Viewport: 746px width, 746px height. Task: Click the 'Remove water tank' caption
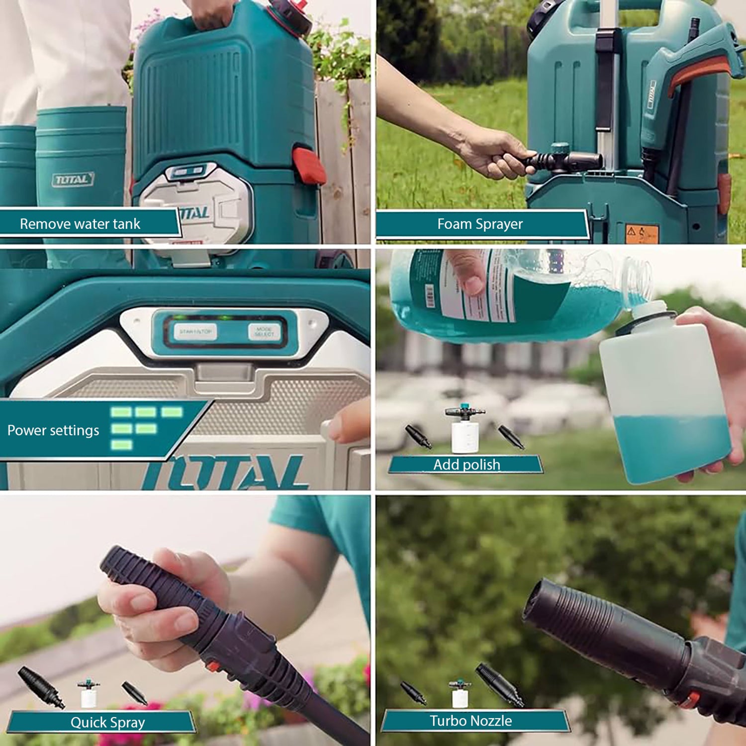point(80,224)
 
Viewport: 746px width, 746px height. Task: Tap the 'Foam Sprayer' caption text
point(480,224)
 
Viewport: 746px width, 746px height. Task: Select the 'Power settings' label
point(53,430)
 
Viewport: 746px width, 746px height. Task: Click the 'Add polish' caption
point(466,465)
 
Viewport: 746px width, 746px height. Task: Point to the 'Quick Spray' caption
point(107,722)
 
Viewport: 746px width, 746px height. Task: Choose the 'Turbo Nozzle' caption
point(470,721)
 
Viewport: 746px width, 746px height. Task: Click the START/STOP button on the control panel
point(195,331)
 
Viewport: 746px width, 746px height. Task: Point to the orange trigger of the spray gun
point(696,75)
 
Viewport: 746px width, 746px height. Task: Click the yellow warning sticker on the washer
point(642,233)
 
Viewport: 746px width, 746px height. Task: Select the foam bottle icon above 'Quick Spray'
point(89,693)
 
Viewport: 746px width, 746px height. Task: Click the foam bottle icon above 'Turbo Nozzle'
point(460,693)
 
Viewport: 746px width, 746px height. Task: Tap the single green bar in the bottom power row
point(121,445)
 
